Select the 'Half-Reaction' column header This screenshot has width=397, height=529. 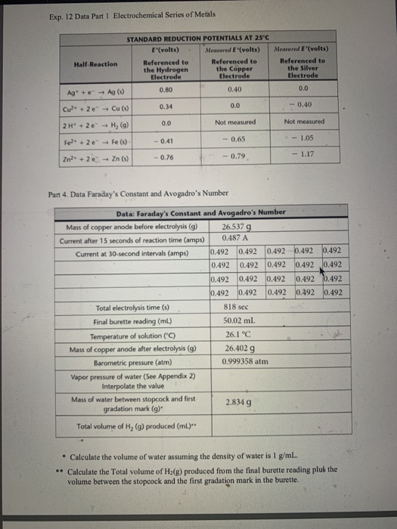(96, 64)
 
